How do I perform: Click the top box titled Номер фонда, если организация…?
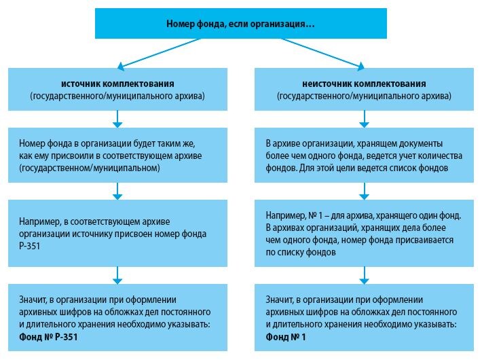(240, 24)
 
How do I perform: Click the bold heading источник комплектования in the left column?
(117, 84)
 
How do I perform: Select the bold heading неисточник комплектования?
(364, 84)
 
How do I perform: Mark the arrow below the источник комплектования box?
(117, 120)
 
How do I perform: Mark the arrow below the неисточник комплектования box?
(364, 120)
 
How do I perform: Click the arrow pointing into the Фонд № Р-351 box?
(117, 273)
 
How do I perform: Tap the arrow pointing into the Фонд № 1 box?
(364, 273)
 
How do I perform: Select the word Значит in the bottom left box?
(33, 300)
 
